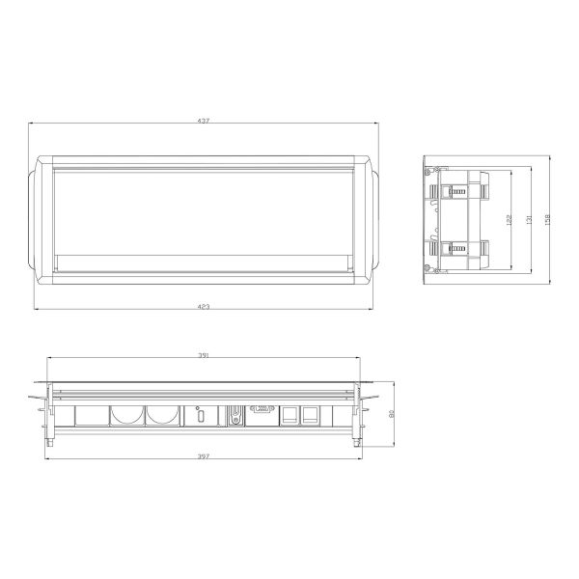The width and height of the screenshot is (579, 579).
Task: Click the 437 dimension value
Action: pos(204,121)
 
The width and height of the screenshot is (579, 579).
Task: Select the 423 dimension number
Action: pos(204,306)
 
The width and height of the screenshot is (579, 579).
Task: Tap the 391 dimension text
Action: pos(204,355)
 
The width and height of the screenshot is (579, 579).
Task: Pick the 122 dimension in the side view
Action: pos(509,221)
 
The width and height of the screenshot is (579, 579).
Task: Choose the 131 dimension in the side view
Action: pos(530,221)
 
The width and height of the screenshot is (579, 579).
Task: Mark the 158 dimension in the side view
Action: pos(548,221)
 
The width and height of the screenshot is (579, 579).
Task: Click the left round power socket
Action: pos(125,417)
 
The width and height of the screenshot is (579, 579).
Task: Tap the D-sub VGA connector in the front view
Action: pos(261,411)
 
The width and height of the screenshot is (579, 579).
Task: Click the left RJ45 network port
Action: pos(288,416)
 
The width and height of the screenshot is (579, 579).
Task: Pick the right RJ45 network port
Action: pos(312,416)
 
